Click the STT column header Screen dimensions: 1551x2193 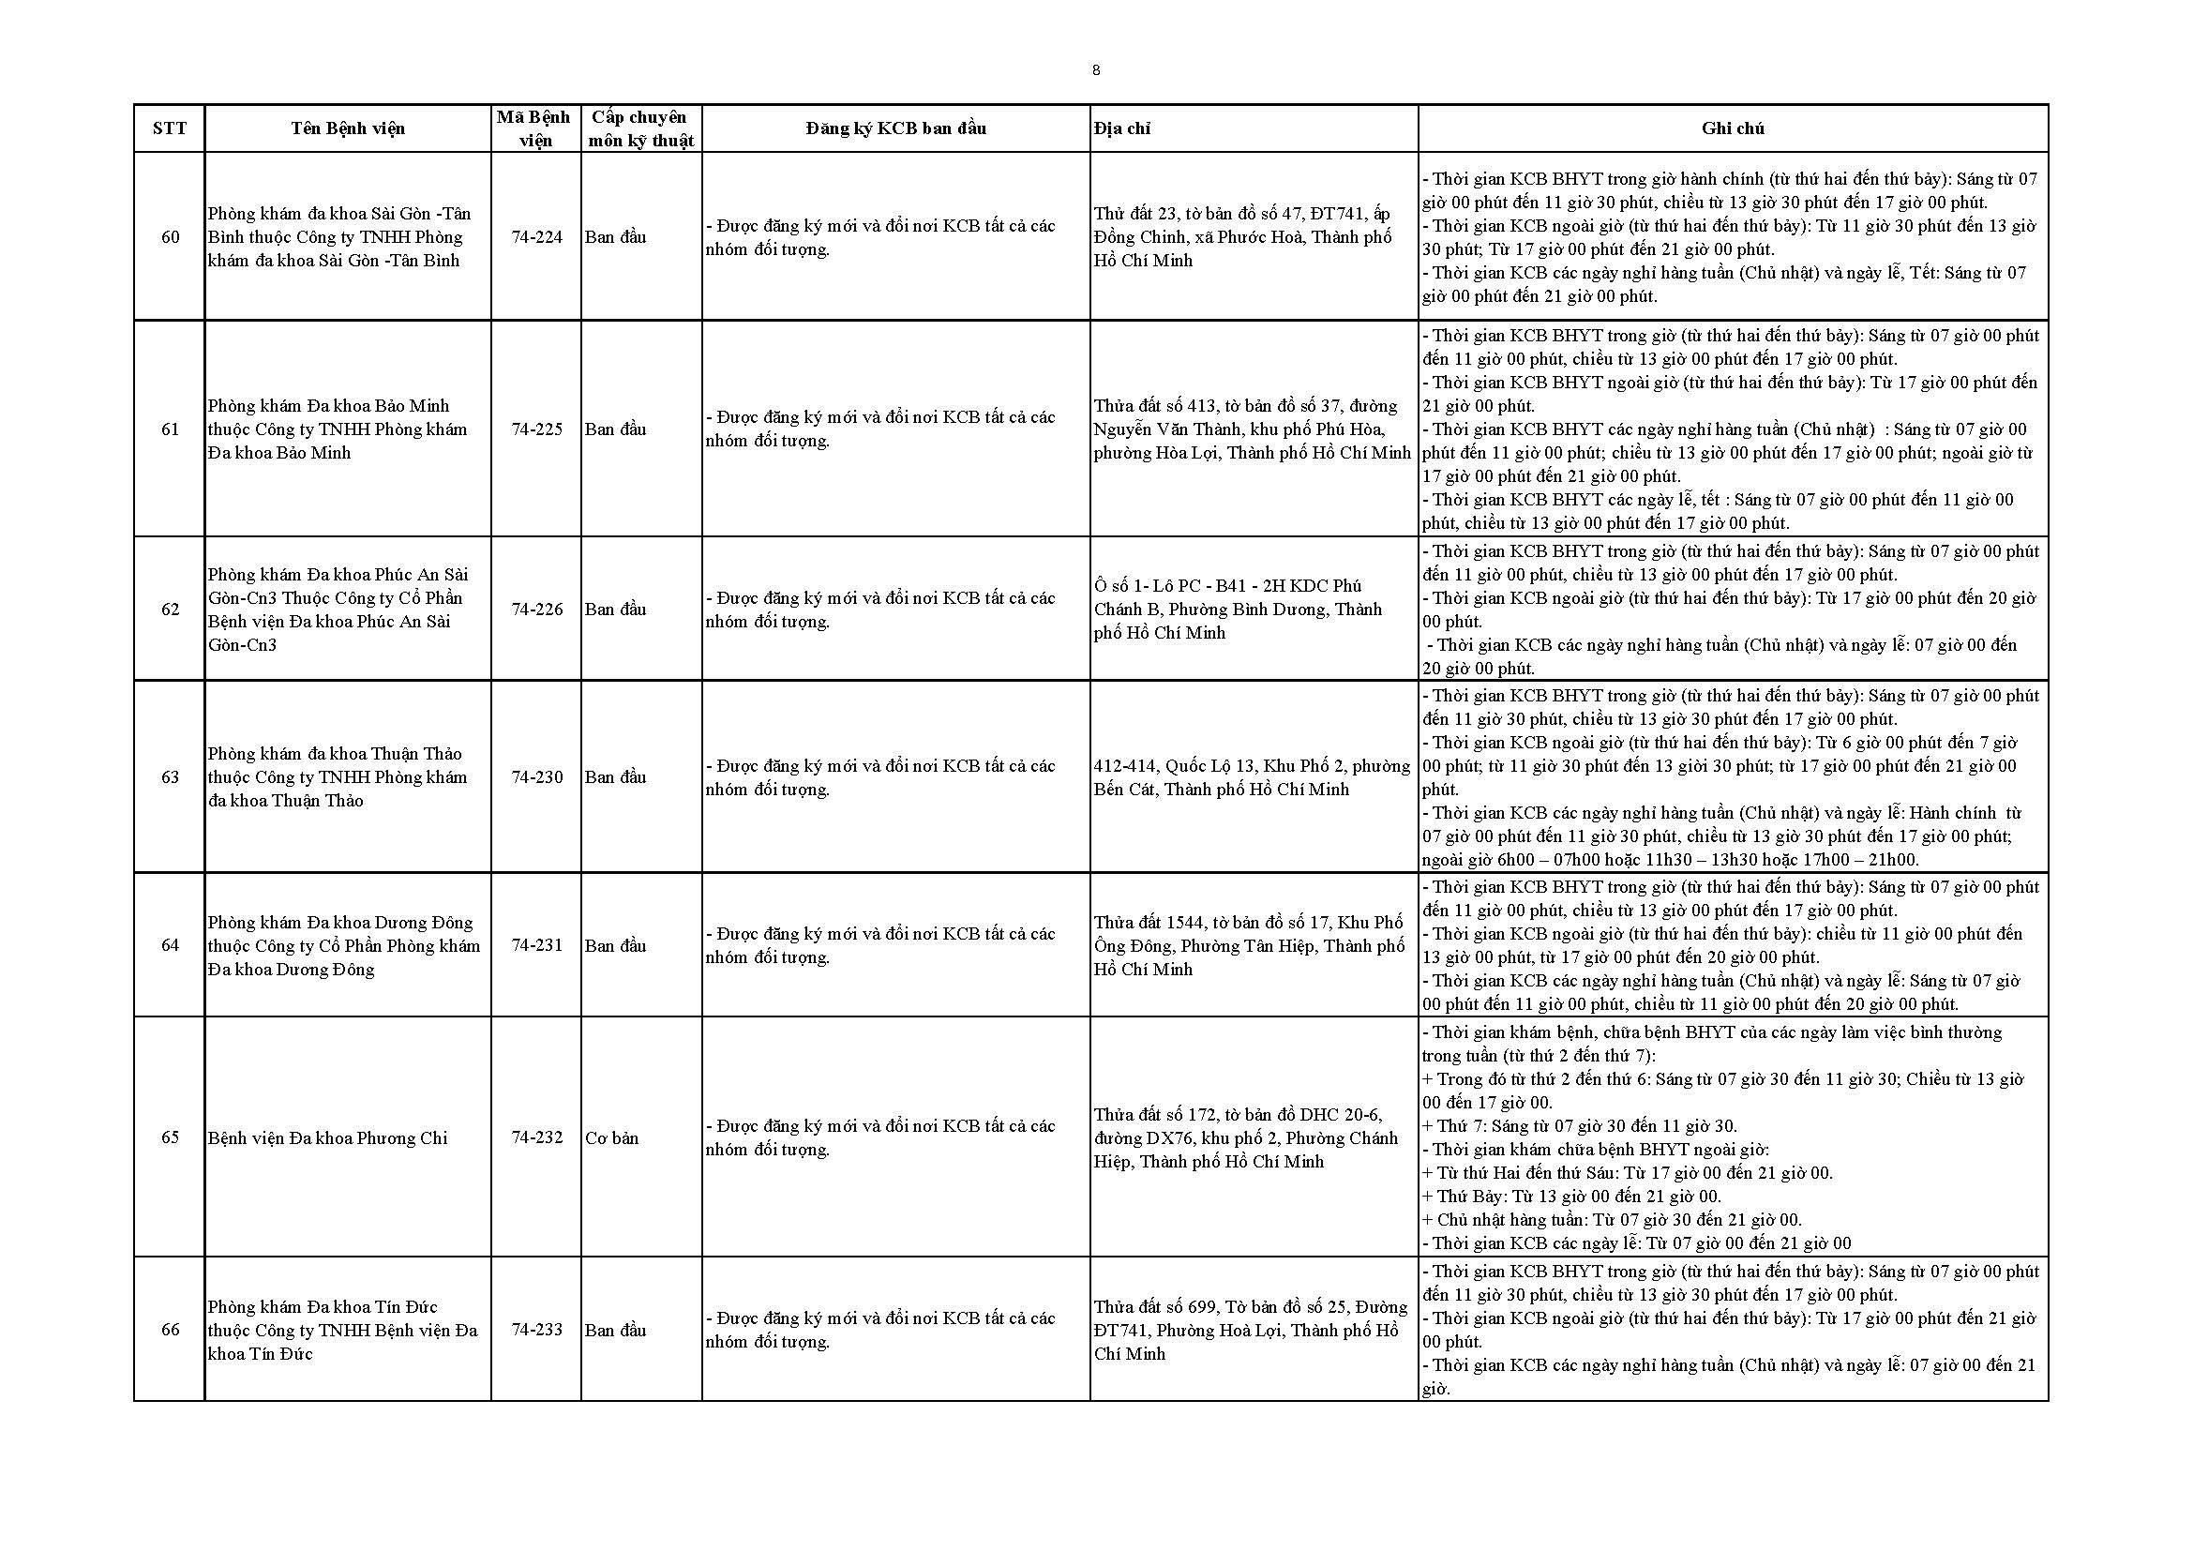pos(169,128)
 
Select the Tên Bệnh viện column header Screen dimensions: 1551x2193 pos(348,128)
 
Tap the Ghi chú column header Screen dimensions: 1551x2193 pos(1732,128)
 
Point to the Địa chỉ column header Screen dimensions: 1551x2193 pos(1122,128)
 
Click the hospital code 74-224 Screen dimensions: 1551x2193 pos(536,237)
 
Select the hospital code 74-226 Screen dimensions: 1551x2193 pos(536,610)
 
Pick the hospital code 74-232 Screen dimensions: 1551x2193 pos(536,1137)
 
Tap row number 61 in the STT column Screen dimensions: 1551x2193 pos(169,429)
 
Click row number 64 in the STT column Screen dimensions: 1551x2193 pos(169,945)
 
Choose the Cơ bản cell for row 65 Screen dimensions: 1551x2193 pos(612,1138)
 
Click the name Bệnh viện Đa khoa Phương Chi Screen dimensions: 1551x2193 pos(327,1138)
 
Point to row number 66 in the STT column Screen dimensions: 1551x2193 pos(169,1330)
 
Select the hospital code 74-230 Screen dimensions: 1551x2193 pos(536,777)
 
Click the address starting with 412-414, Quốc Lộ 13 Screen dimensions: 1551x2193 pos(1252,777)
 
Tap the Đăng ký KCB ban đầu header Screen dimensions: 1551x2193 pos(895,128)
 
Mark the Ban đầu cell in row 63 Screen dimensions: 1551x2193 pos(615,777)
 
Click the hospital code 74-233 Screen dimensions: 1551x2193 pos(536,1330)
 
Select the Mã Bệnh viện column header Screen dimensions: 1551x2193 pos(533,128)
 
